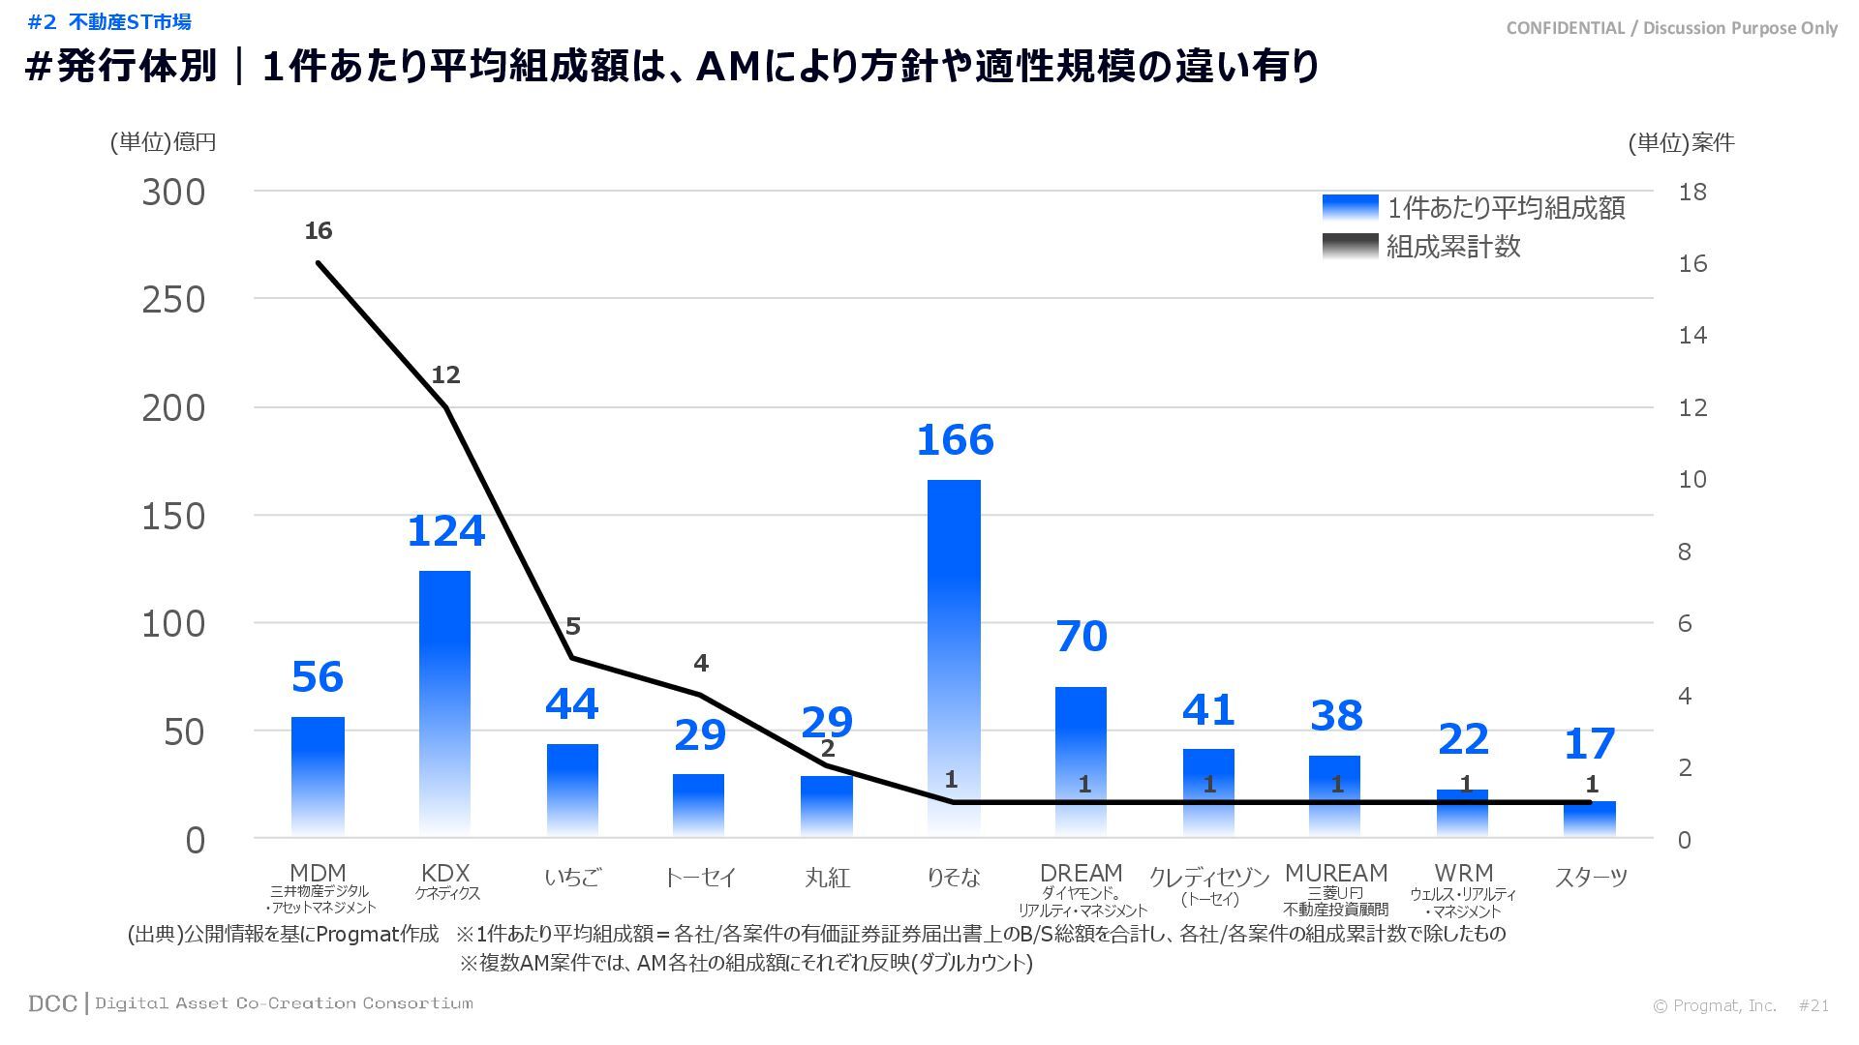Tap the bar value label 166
955,440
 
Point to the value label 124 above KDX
445,531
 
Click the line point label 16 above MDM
318,231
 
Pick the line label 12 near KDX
445,374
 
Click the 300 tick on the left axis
174,193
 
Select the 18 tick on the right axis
1692,192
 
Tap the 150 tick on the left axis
174,517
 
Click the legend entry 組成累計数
1452,247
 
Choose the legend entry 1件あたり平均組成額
1506,208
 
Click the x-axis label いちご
572,878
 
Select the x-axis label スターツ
1591,878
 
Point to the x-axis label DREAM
1081,873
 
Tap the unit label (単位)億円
163,142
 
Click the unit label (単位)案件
1681,143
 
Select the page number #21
1813,1005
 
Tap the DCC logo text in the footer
52,1003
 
